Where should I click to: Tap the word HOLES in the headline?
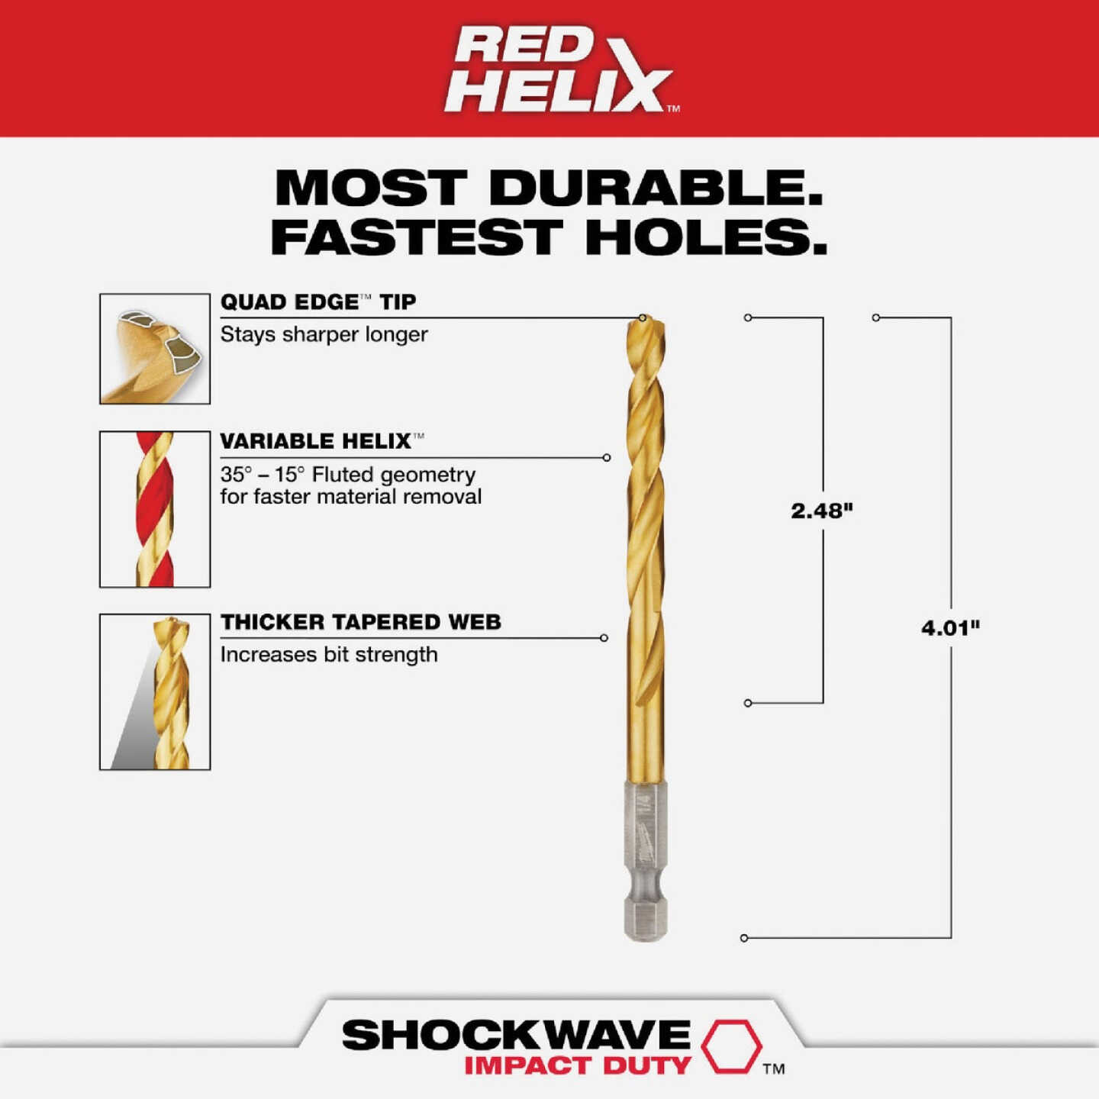click(706, 237)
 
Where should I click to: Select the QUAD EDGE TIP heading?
click(317, 302)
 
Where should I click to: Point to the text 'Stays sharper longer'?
click(324, 334)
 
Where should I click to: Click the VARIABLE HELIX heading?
click(316, 441)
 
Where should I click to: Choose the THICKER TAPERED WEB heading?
click(360, 622)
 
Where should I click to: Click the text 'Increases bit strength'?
click(329, 655)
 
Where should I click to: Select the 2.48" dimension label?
click(821, 511)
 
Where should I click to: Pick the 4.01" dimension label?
click(950, 628)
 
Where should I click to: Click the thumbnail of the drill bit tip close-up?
click(155, 349)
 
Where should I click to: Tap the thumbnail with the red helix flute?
click(155, 509)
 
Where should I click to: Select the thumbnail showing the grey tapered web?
click(155, 691)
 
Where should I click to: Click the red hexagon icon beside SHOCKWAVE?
click(731, 1046)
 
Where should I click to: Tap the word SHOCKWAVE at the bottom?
click(516, 1036)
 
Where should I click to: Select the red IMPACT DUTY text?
click(578, 1066)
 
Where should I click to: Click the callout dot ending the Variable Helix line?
click(607, 458)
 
